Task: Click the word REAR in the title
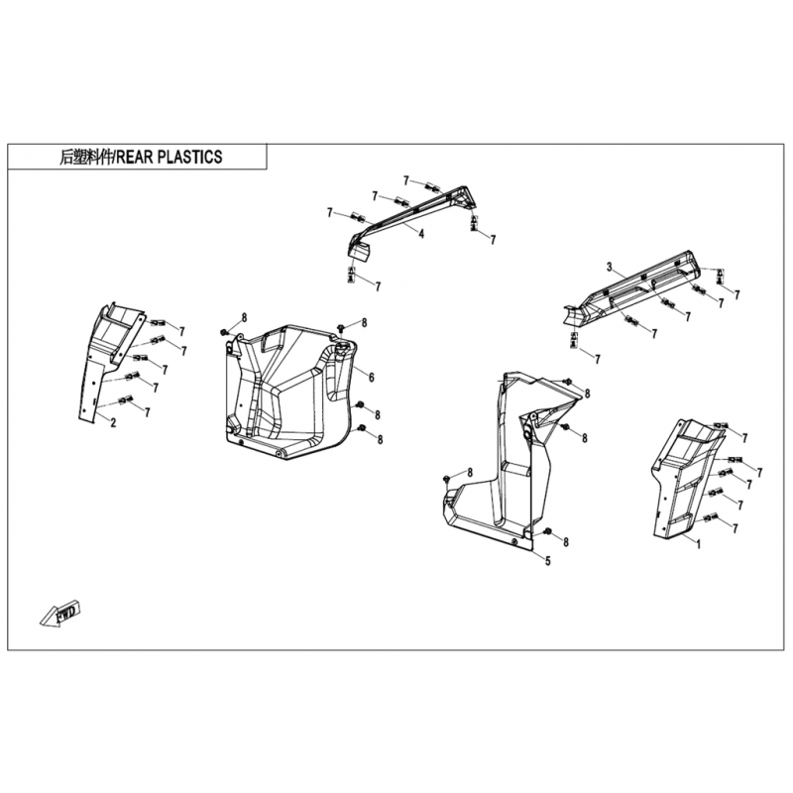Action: [137, 157]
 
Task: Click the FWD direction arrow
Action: [60, 614]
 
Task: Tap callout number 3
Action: [610, 266]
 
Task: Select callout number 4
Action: [420, 234]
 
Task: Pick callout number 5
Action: [546, 560]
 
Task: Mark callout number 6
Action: [370, 378]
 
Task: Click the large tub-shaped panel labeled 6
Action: [287, 387]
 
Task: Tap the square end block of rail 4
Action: [360, 249]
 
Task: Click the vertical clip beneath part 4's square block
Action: [351, 273]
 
